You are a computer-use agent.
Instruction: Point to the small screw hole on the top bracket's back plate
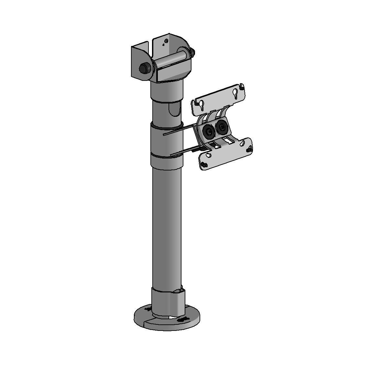[x=166, y=41]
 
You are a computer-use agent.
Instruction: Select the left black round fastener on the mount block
[x=208, y=131]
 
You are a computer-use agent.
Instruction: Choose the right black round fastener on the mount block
[x=222, y=127]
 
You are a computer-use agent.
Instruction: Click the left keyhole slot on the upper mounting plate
[x=202, y=104]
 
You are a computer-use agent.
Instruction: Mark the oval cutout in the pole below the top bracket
[x=174, y=110]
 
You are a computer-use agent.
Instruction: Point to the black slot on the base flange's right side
[x=183, y=320]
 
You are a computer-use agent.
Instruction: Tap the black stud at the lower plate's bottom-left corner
[x=204, y=165]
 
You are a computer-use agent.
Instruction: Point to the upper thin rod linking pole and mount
[x=180, y=130]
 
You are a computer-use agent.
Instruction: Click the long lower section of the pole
[x=167, y=226]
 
